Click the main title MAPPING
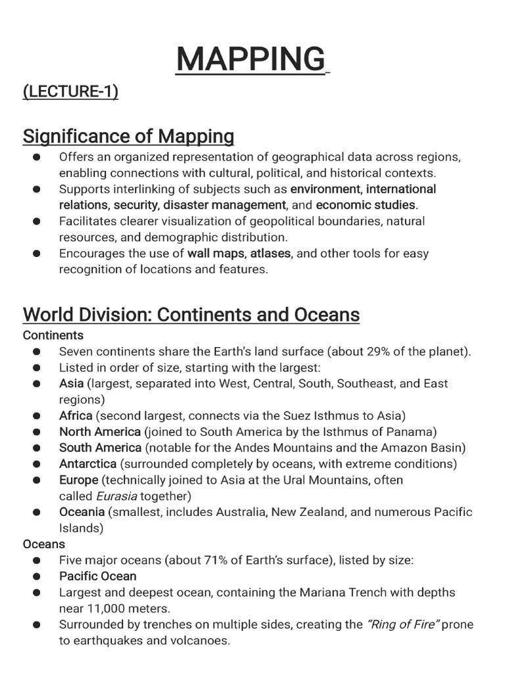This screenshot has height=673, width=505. (251, 59)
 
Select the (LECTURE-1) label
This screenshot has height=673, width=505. (70, 91)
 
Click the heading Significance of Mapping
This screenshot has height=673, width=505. (128, 137)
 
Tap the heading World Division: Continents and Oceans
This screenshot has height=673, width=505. (191, 315)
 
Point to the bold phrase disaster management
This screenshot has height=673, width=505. (225, 205)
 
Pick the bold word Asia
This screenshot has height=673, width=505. (72, 383)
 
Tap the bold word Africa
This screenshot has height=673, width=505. (76, 415)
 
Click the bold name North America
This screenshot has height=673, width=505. (100, 432)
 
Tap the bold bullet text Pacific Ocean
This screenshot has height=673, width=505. (98, 576)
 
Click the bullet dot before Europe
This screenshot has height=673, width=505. (37, 480)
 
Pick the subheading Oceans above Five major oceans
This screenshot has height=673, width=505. (44, 544)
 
